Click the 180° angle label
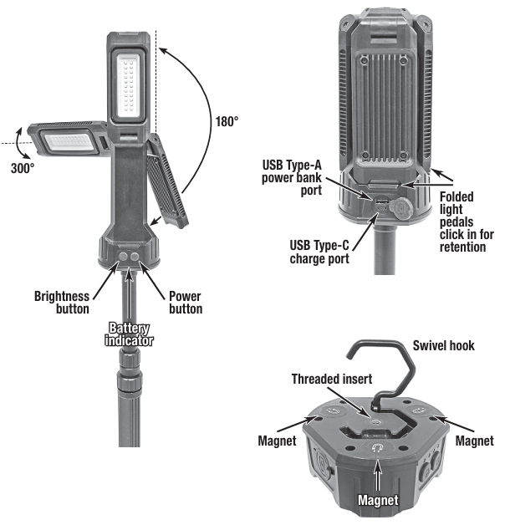coord(227,120)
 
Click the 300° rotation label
coord(23,167)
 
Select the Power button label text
coord(185,302)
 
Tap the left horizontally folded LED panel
coord(66,143)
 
